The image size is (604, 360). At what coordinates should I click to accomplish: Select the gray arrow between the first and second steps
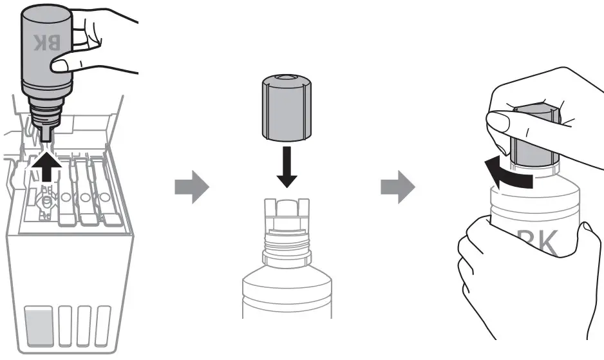pos(191,187)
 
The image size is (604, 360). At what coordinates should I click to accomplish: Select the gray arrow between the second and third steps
pos(397,187)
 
